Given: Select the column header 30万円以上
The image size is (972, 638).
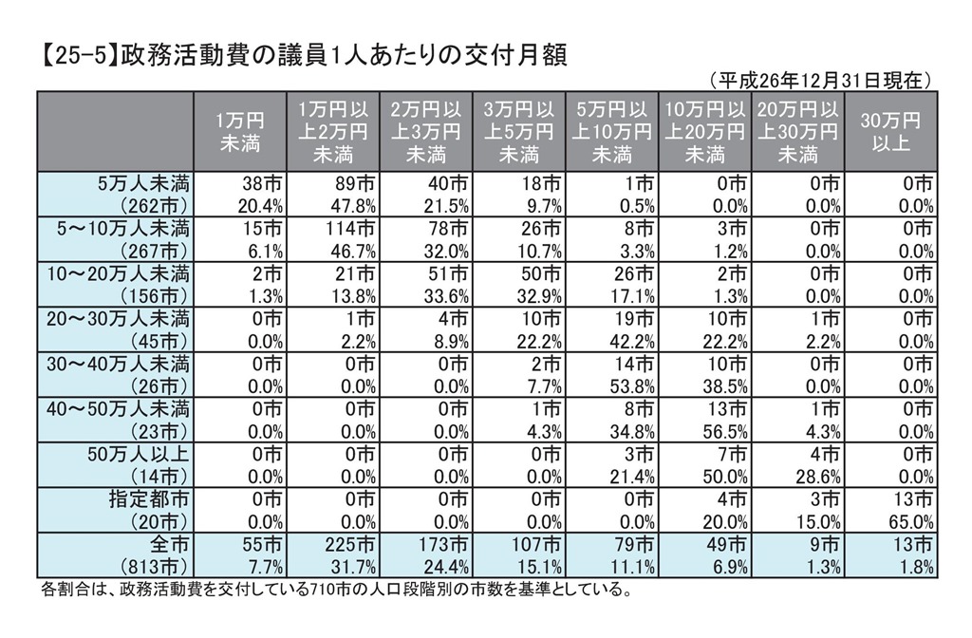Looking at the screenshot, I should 890,131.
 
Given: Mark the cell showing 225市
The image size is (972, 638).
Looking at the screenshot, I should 340,545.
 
